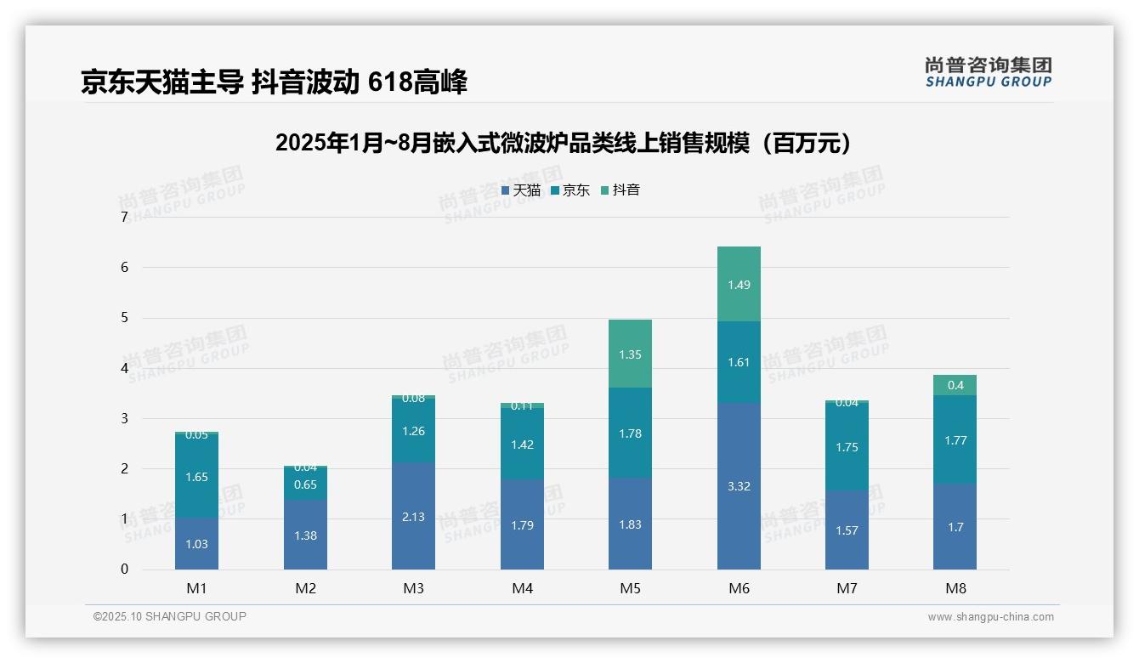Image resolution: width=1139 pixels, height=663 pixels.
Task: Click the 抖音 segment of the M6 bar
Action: click(x=739, y=284)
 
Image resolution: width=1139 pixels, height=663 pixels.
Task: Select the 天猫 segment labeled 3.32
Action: click(x=739, y=486)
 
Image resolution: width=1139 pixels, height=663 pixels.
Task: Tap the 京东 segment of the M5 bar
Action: click(x=630, y=433)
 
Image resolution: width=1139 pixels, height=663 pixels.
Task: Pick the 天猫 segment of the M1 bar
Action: click(x=196, y=544)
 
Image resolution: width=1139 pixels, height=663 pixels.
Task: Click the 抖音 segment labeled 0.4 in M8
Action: click(x=955, y=385)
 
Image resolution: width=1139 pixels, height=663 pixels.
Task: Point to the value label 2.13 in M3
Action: click(x=413, y=517)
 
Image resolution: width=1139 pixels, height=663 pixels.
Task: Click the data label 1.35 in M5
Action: click(x=630, y=354)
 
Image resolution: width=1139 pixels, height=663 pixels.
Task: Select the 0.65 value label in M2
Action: click(x=305, y=485)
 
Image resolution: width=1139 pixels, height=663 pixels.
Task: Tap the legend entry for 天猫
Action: click(x=521, y=190)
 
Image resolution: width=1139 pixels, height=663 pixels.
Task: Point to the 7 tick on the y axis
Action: click(x=124, y=218)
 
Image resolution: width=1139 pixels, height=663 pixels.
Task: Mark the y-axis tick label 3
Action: click(x=124, y=418)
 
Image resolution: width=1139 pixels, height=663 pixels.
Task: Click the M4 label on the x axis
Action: click(x=522, y=588)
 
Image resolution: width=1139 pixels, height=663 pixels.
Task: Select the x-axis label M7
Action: click(x=847, y=588)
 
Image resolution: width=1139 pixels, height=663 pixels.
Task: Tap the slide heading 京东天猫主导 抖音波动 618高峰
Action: click(x=274, y=82)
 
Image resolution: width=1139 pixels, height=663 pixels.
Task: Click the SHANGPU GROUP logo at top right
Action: click(x=988, y=72)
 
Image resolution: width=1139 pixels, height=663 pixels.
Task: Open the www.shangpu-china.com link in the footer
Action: click(x=990, y=617)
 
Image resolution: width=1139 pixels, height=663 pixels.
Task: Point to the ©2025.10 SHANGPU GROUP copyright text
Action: click(x=170, y=616)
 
